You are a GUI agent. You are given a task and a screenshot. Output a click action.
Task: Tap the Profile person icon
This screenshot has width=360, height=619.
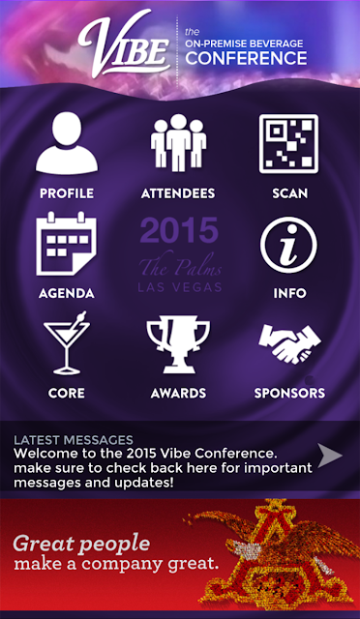pos(67,144)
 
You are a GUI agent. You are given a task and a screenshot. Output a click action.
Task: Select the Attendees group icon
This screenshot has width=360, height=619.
pos(178,143)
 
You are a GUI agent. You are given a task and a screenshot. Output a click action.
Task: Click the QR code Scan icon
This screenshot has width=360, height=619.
pos(288,144)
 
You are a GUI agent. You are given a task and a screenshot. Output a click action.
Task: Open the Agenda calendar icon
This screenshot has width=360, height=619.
pos(67,244)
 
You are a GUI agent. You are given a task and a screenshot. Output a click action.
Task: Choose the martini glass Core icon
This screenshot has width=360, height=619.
pos(67,342)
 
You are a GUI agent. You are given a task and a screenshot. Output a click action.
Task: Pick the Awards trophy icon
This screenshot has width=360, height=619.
pos(178,344)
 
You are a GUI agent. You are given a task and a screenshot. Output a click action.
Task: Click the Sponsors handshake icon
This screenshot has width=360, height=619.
pos(289,343)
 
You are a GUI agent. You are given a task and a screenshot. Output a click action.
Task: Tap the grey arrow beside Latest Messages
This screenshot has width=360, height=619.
pos(330,456)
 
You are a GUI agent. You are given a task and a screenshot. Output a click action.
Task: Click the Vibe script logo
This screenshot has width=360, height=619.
pos(125,44)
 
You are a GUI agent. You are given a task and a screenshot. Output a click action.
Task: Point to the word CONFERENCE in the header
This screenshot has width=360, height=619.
pos(246,58)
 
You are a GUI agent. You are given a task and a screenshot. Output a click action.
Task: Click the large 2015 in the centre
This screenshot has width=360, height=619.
pos(179,230)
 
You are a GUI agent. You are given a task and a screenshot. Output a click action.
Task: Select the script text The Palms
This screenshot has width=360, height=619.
pos(180,265)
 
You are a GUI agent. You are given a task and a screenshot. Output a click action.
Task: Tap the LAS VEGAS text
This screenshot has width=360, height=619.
pos(180,287)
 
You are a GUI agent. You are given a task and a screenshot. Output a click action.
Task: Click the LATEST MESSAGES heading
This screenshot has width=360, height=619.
pos(74,440)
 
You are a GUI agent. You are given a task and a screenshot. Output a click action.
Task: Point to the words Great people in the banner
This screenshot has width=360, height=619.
pos(82,544)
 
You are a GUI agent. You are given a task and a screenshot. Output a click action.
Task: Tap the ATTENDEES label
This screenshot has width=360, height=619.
pos(178,193)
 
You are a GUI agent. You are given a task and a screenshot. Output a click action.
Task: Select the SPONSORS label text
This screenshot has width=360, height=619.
pos(289,394)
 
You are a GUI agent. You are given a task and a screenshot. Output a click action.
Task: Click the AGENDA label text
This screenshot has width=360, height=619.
pos(67,293)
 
